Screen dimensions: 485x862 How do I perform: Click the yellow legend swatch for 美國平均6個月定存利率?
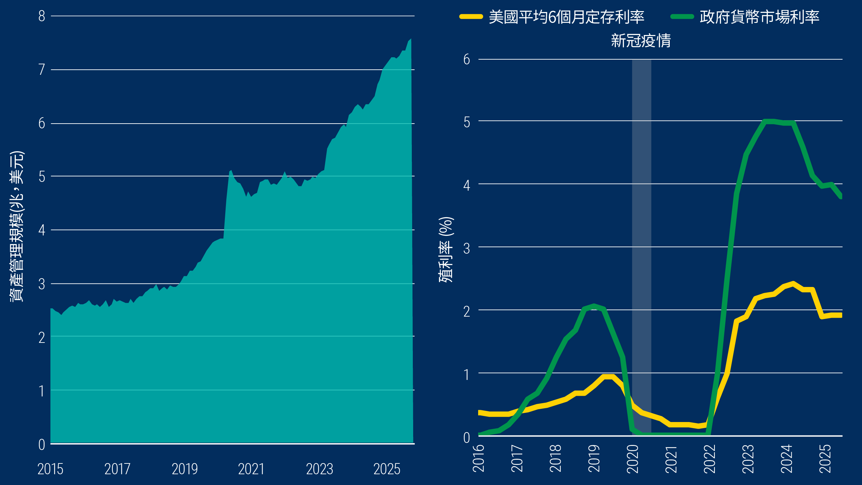click(x=471, y=17)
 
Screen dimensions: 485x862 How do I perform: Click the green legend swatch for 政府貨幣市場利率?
click(x=682, y=17)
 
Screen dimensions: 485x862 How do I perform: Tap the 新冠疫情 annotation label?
click(x=641, y=41)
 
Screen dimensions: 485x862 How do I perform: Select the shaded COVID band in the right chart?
click(x=641, y=236)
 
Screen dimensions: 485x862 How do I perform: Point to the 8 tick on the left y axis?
click(x=42, y=16)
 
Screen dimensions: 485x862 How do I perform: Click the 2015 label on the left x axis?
click(x=51, y=469)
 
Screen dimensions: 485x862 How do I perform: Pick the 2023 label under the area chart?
click(x=320, y=469)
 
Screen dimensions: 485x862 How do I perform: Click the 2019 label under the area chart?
click(x=185, y=469)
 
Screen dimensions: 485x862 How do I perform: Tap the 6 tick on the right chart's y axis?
click(x=467, y=60)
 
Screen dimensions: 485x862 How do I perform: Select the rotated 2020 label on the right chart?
click(x=633, y=459)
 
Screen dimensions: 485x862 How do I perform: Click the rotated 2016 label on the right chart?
click(x=479, y=459)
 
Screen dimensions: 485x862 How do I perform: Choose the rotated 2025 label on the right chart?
click(x=825, y=459)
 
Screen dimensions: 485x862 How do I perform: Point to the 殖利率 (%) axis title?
click(x=446, y=249)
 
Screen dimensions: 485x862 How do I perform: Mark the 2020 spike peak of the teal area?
click(x=231, y=171)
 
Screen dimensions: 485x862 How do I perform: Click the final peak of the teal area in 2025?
click(x=410, y=39)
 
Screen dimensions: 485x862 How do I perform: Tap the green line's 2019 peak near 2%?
click(x=594, y=306)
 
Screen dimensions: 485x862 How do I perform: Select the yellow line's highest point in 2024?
click(x=793, y=284)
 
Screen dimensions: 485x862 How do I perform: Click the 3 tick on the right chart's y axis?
click(x=467, y=249)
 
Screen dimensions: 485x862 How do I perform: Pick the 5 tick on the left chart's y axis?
click(x=42, y=176)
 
